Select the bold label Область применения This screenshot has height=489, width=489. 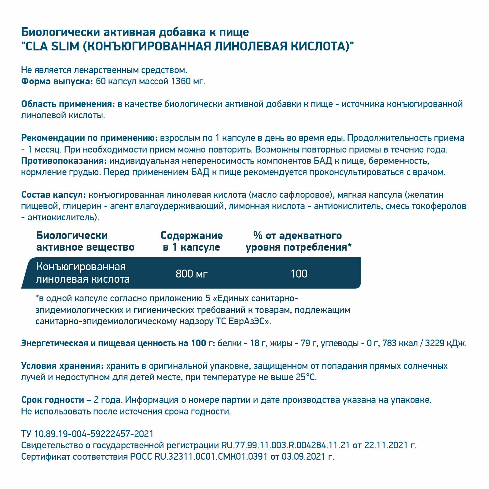tap(68, 104)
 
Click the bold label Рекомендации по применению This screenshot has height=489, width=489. tap(89, 138)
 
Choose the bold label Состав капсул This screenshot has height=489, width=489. tap(53, 195)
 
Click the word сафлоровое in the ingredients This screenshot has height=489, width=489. tap(308, 195)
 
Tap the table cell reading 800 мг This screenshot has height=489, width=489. tap(192, 274)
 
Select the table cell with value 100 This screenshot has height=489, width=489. tap(299, 274)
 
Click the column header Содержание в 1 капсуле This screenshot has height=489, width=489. tap(192, 241)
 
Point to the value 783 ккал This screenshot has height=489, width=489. tap(400, 344)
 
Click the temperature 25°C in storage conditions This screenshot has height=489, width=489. tap(306, 377)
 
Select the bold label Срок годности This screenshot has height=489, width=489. tap(53, 400)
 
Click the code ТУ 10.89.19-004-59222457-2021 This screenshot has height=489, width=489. tap(87, 434)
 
